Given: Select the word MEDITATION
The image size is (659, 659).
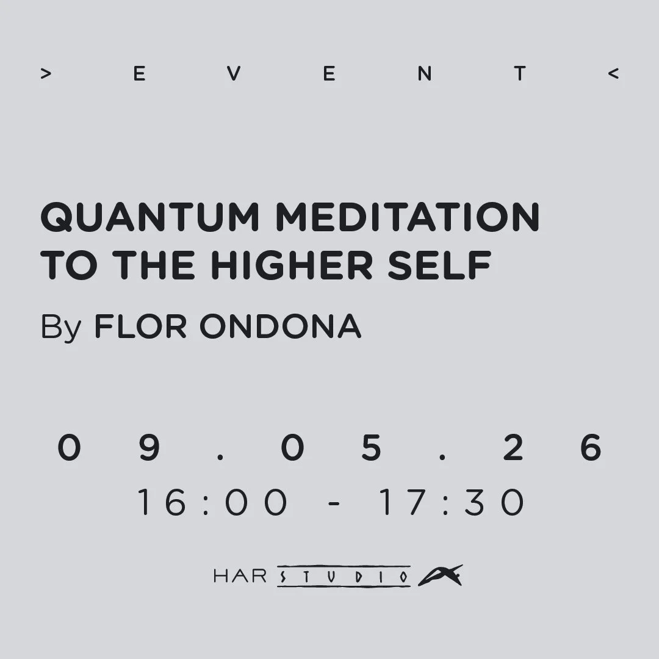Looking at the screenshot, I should point(408,217).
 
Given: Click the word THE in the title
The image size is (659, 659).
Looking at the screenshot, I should point(153,266).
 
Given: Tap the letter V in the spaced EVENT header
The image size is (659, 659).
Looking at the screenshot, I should point(234,74).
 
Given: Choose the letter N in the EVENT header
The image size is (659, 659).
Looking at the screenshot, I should point(424,74).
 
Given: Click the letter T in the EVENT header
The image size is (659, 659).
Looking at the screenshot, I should point(519,74).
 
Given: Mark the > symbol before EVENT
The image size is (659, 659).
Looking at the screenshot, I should point(45,74).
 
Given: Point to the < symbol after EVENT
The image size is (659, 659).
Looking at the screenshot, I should point(613,74).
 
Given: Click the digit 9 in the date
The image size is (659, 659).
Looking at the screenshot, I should point(149,447).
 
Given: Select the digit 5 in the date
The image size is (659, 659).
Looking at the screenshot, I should point(371,447).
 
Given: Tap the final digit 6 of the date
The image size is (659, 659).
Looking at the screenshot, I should point(591,447).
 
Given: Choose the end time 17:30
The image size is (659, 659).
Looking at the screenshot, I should point(452,503).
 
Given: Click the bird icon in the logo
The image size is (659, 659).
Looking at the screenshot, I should point(440,575).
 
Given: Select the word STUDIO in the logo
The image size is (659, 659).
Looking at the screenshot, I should point(344,576).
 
